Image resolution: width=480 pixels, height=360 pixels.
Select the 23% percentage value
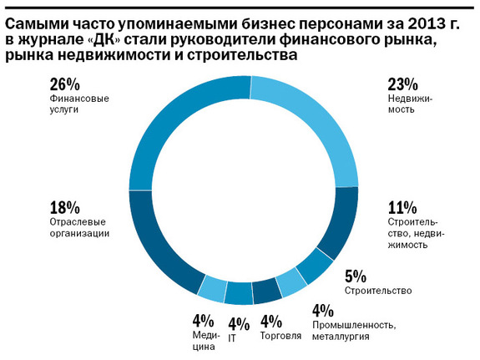pyautogui.click(x=404, y=84)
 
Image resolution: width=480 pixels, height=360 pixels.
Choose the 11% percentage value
pyautogui.click(x=403, y=207)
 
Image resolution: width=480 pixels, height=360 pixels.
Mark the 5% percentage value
pyautogui.click(x=357, y=275)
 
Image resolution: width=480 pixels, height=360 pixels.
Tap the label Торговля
pyautogui.click(x=281, y=337)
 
